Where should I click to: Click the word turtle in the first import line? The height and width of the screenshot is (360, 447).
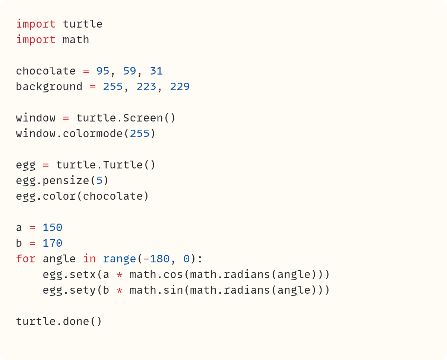coord(83,24)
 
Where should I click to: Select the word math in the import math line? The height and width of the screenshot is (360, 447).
coord(76,40)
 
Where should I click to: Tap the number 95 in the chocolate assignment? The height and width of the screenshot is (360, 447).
coord(103,71)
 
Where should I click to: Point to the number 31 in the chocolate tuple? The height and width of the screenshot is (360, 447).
coord(156,71)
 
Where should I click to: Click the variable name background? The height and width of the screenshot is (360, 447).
coord(49,87)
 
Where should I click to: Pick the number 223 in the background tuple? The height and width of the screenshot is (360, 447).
coord(146,87)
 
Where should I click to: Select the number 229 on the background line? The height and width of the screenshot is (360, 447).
coord(180,87)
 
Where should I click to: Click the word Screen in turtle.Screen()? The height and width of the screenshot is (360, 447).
coord(143,118)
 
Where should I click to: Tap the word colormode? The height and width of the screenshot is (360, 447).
coord(93,134)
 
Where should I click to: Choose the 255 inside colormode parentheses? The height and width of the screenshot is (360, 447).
coord(140,134)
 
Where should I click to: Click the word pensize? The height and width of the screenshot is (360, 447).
coord(66,181)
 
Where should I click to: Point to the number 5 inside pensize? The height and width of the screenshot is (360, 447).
coord(99,181)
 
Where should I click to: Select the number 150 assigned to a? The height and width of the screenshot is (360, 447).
coord(53,228)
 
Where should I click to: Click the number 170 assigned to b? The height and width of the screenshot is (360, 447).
coord(53,243)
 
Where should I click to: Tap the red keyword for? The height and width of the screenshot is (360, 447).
coord(26,259)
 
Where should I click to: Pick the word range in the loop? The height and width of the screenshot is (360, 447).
coord(120,259)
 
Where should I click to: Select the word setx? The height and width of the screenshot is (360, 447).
coord(83,275)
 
